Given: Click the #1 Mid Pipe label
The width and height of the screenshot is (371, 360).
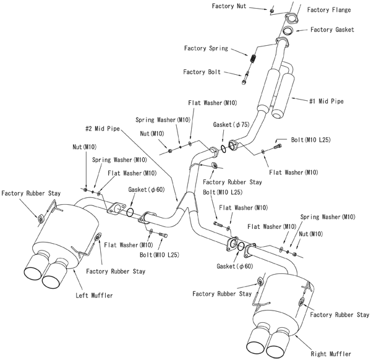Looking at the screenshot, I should pos(326,100).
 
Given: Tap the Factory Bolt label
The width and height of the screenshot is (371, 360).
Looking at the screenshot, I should pos(202,72).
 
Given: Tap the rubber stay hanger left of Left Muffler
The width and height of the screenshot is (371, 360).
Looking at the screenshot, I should pos(40,218).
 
